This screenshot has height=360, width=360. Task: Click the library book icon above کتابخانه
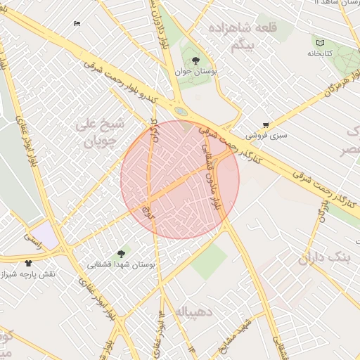click(x=321, y=44)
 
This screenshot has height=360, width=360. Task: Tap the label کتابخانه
click(x=320, y=53)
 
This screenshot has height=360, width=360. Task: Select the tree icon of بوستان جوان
click(x=195, y=61)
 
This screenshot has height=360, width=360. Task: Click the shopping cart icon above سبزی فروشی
click(x=265, y=124)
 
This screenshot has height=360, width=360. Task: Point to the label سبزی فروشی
click(x=265, y=134)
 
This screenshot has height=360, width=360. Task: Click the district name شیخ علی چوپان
click(x=99, y=132)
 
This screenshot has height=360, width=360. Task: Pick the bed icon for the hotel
click(x=77, y=24)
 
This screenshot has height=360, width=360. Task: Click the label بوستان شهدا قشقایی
click(x=120, y=265)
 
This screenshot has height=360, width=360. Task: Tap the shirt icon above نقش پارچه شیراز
click(x=28, y=262)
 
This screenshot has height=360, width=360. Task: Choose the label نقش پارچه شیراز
click(x=32, y=273)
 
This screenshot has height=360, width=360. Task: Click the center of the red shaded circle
click(x=180, y=179)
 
